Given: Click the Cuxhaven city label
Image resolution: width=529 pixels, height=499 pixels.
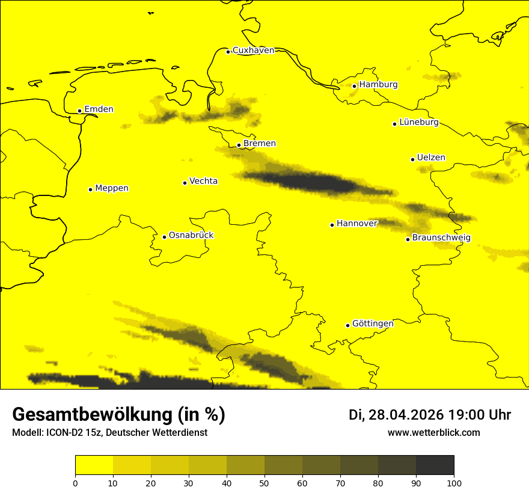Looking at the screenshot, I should tap(253, 51).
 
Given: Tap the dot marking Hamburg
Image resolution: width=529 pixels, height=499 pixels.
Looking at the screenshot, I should tap(355, 86).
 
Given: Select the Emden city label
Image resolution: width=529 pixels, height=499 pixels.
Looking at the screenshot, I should tap(99, 109).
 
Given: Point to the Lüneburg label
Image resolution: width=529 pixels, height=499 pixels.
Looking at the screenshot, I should tap(419, 123).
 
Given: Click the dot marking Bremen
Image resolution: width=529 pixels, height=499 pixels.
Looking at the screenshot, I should tap(239, 145).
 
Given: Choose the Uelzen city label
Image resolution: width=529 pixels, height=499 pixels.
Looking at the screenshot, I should tap(431, 158).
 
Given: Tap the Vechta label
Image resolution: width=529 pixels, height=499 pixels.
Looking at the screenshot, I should tap(203, 181).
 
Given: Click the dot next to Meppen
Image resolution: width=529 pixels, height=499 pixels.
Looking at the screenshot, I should tap(90, 189).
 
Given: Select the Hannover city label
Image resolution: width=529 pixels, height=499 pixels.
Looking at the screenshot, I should tap(356, 224).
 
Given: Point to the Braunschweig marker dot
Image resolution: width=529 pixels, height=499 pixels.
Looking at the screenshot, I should tap(408, 239).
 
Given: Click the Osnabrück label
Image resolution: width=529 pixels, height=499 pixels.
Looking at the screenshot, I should tap(191, 236).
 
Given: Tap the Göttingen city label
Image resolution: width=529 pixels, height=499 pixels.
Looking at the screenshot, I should tap(373, 324).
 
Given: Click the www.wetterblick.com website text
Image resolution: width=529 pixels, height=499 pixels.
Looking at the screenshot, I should tap(433, 433).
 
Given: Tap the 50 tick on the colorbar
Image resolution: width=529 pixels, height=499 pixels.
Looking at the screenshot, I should tap(264, 483).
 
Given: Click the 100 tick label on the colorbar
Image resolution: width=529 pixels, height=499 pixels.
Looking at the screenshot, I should tap(454, 483).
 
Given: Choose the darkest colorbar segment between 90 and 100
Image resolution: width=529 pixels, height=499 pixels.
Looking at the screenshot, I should tap(435, 465).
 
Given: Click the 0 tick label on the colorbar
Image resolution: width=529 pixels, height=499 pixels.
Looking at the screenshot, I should tap(75, 483).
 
